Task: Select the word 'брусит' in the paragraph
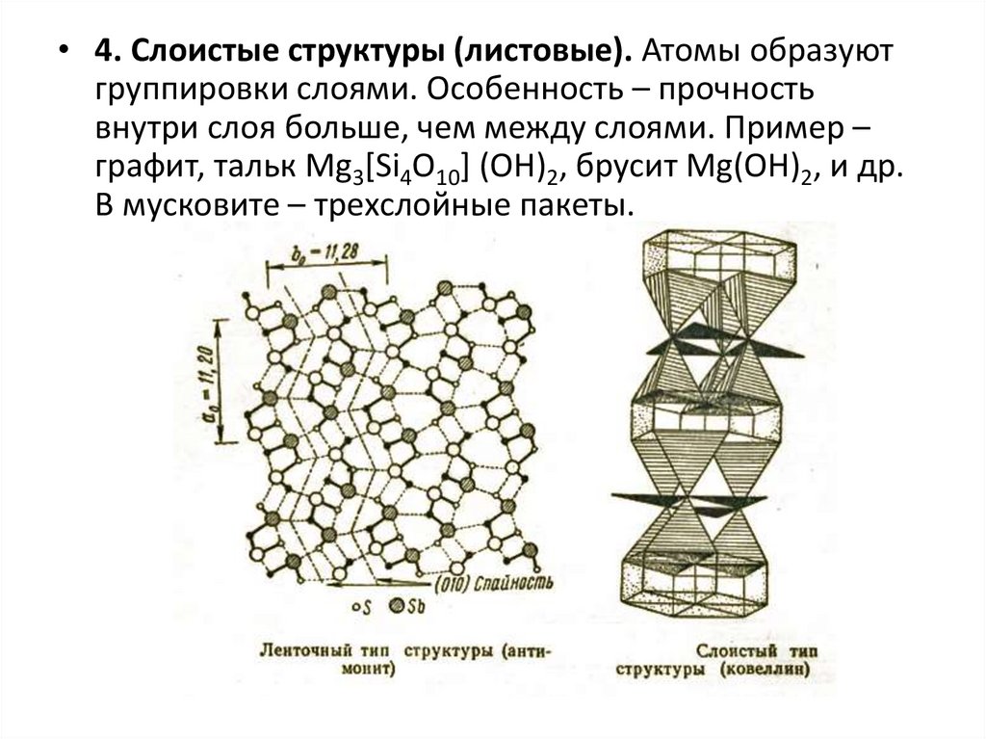pyautogui.click(x=614, y=166)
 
